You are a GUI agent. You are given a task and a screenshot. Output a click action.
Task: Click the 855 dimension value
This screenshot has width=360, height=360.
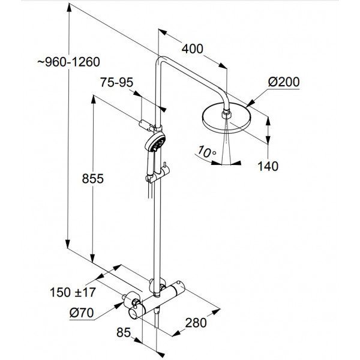coord(93,179)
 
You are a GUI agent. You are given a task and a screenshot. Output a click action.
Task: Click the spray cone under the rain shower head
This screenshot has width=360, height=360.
coord(226,144)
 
